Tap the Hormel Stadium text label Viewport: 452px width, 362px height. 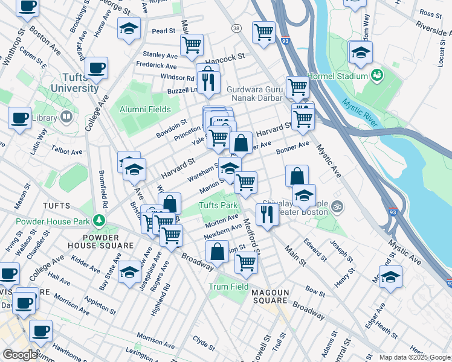tap(337, 77)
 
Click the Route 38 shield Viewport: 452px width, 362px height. tap(236, 28)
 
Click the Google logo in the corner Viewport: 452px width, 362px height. tap(19, 355)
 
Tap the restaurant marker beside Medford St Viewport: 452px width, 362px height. tap(266, 213)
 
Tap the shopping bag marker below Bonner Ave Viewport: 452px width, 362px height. tap(297, 176)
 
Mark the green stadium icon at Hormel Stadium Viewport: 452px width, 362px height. tap(378, 75)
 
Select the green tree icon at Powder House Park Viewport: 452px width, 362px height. tap(98, 221)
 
